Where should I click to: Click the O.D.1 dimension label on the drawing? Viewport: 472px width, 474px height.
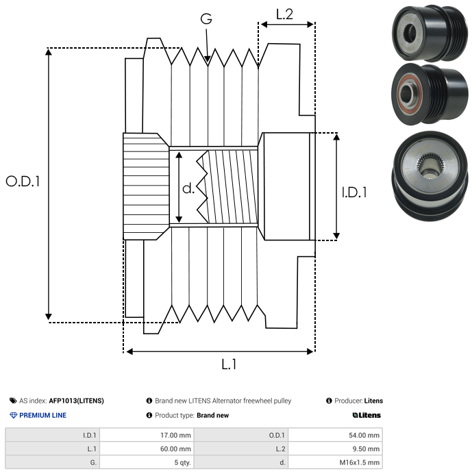[23, 182]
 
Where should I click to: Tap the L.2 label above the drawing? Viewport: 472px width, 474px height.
[284, 14]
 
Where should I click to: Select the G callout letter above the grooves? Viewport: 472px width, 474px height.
[206, 18]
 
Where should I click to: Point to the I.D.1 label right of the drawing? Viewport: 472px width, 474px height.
[354, 192]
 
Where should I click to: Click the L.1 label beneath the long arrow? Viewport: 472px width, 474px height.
[229, 364]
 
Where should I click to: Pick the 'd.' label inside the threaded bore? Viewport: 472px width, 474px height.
[188, 188]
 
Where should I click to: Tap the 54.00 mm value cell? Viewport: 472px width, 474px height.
[335, 435]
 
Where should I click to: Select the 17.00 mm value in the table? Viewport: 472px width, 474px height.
[147, 435]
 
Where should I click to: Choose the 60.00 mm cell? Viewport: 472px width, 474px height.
[147, 449]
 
